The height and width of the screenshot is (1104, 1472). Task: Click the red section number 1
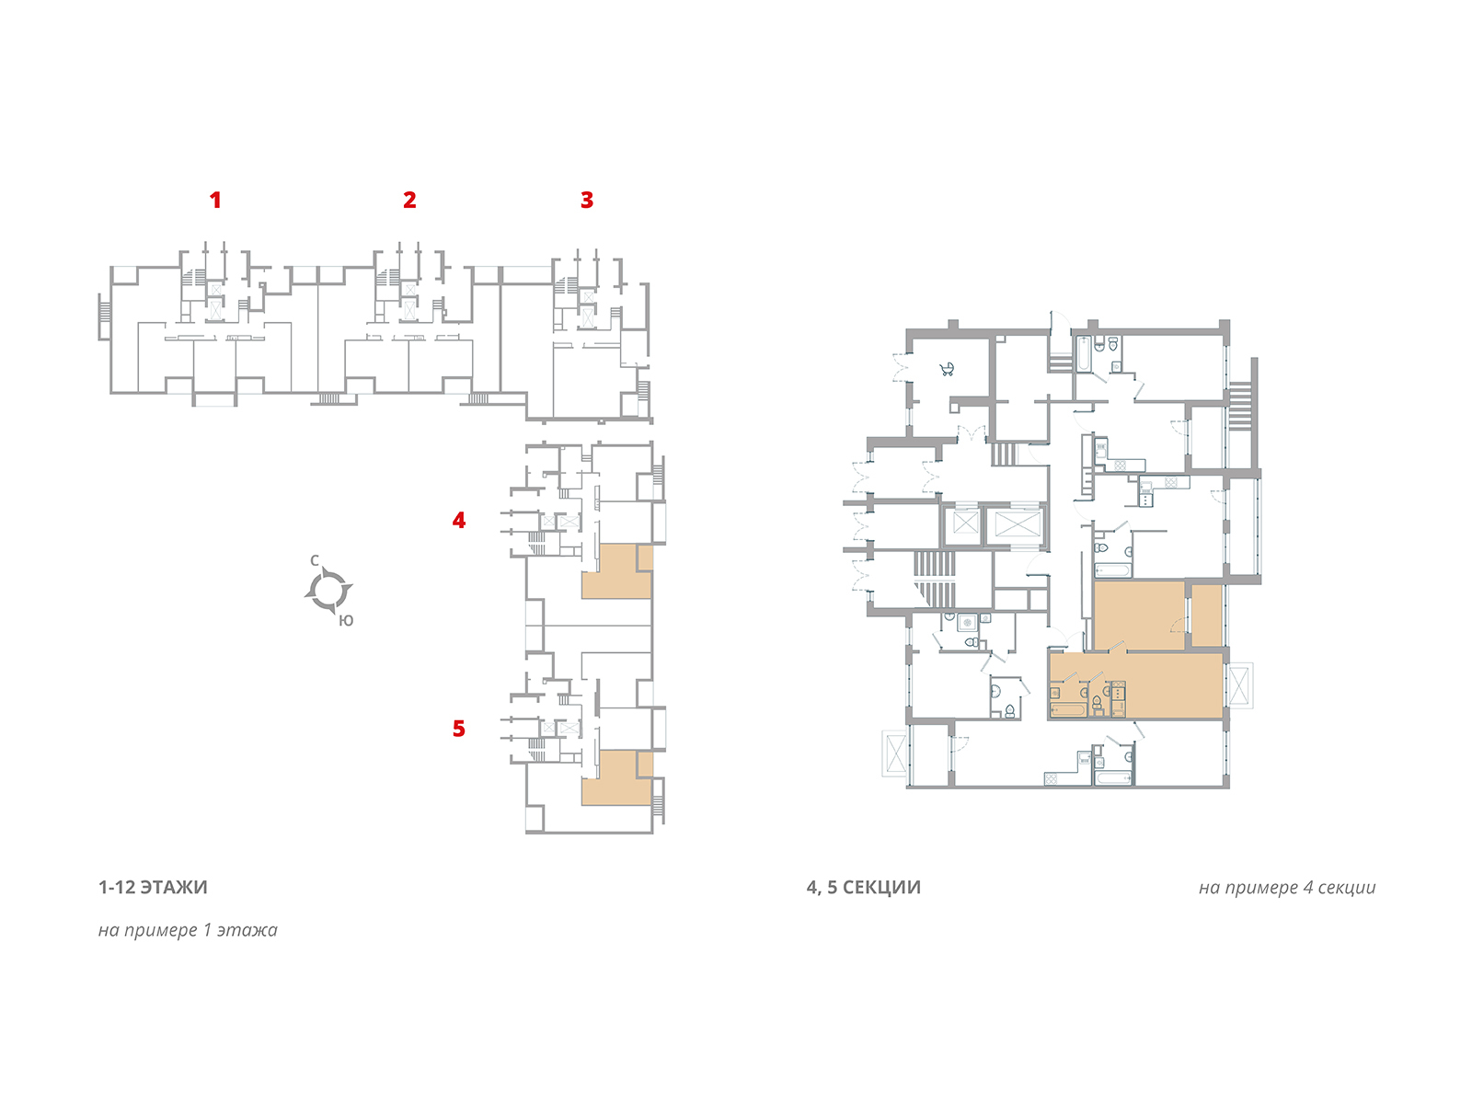215,200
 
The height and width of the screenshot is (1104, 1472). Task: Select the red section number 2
409,200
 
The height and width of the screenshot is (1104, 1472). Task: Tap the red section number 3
587,200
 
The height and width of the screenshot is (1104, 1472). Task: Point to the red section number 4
459,521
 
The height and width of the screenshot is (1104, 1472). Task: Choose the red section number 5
459,729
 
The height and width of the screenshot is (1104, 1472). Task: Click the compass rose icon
328,590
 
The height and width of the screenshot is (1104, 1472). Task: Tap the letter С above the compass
315,560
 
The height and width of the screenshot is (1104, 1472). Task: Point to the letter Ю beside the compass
346,621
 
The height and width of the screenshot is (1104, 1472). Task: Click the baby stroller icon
947,370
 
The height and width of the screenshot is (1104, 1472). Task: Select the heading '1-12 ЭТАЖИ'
153,888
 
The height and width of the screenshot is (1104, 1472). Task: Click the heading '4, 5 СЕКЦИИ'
863,888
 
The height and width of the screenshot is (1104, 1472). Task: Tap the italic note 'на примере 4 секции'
1286,888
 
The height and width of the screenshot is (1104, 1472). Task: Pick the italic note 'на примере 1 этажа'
188,930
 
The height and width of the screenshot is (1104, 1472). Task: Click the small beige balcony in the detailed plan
1206,615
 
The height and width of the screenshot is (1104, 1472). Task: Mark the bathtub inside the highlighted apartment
1068,709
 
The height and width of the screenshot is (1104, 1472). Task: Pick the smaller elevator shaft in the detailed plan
964,525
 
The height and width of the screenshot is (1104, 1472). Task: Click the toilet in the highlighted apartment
1097,706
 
